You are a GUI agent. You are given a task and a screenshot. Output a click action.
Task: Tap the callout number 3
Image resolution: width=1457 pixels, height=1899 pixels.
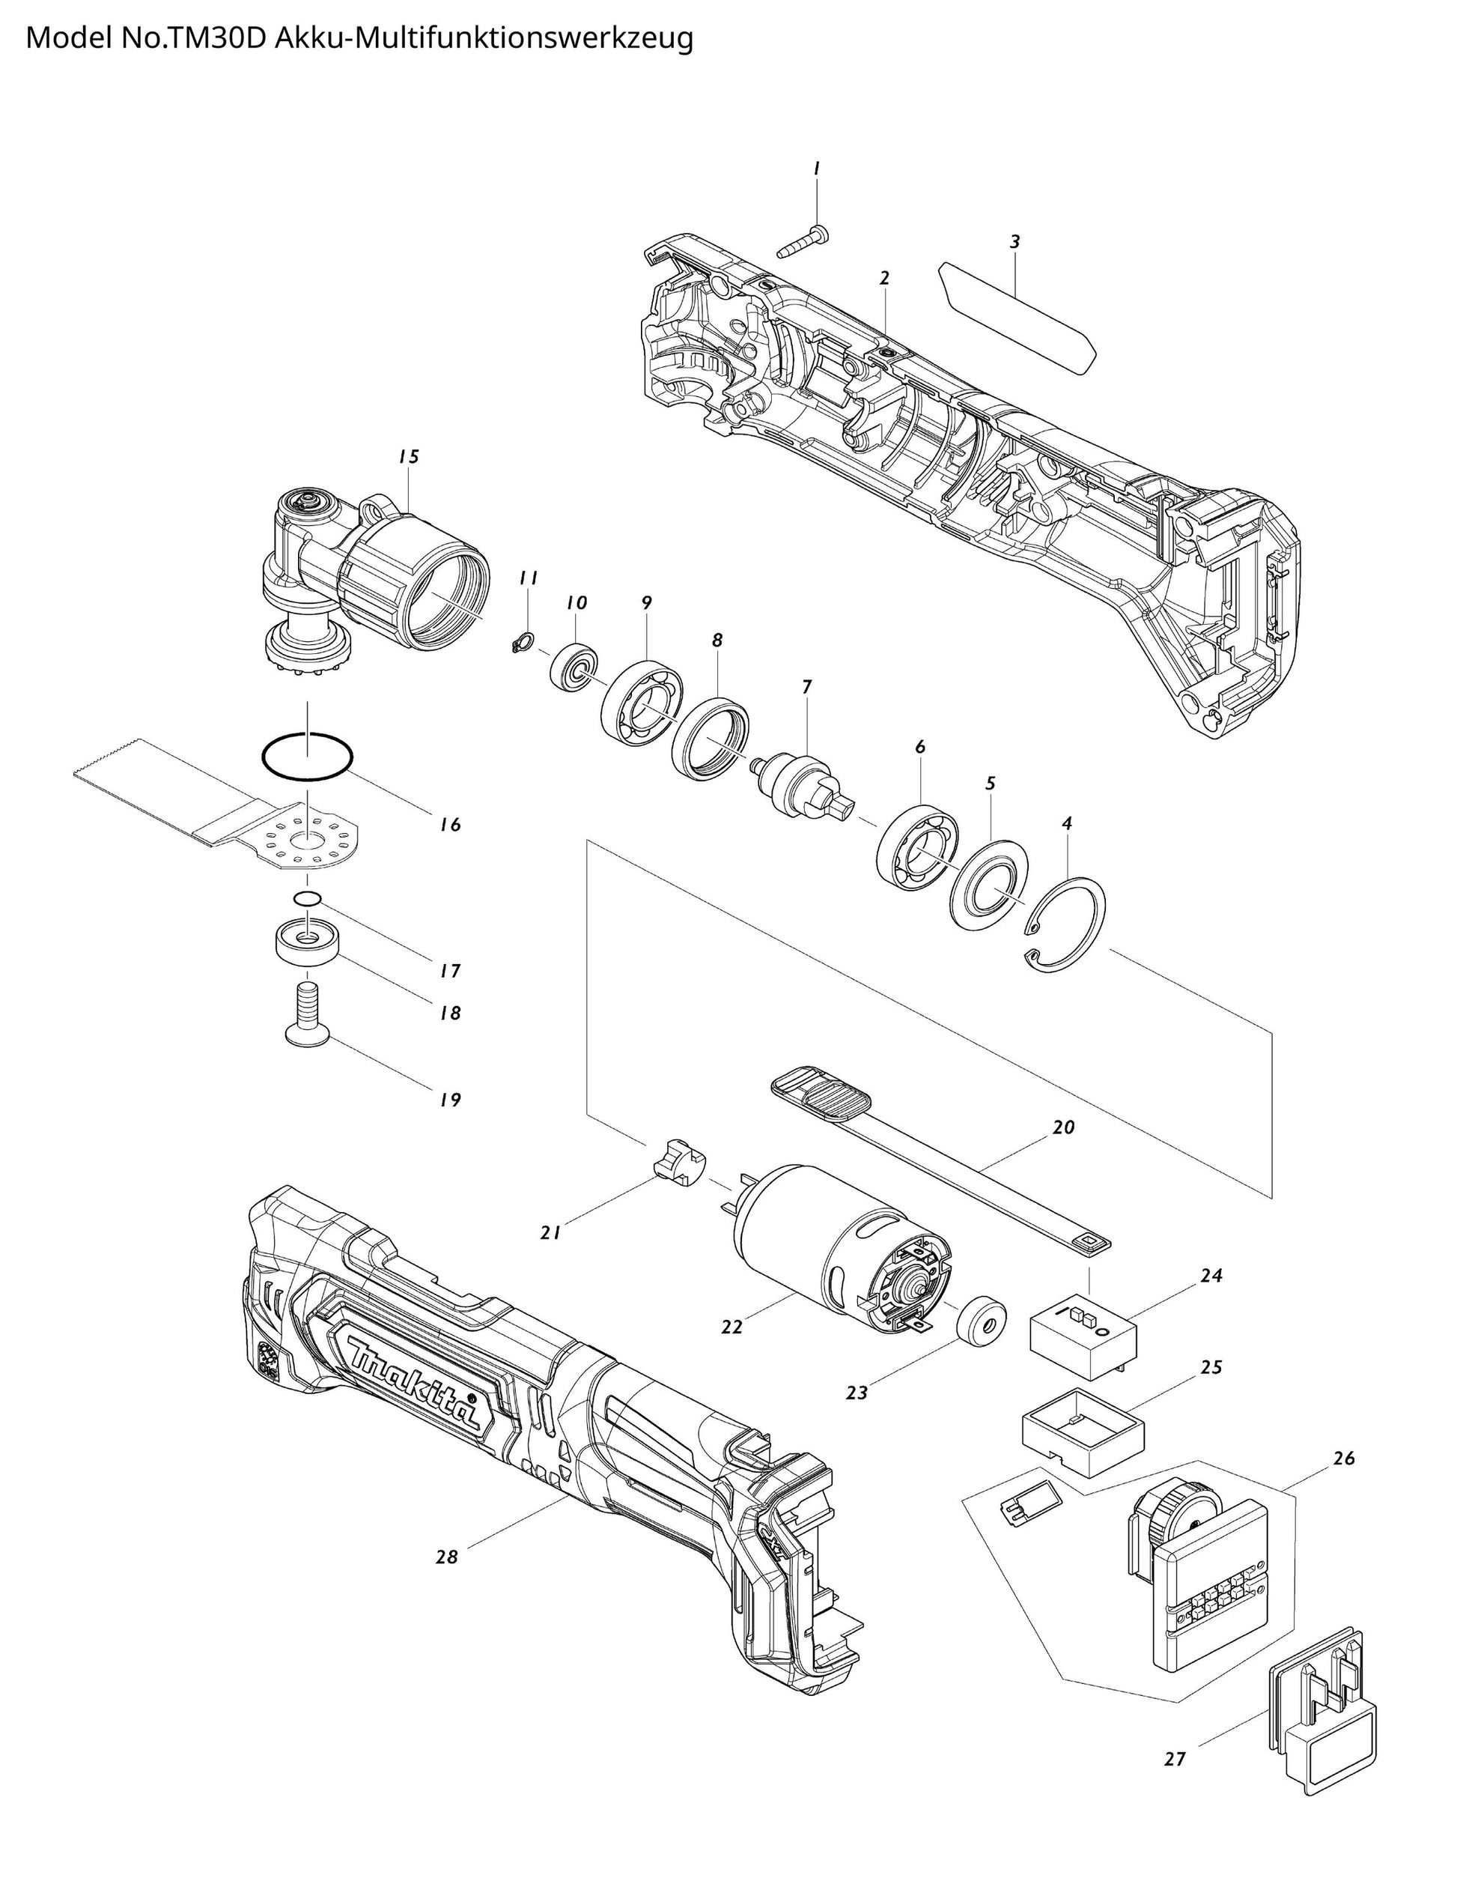(1015, 242)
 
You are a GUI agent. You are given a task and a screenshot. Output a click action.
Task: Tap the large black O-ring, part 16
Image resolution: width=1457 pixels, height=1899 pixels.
(308, 757)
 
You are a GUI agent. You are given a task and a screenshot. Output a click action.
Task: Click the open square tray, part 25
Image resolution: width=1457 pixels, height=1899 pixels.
(1083, 1433)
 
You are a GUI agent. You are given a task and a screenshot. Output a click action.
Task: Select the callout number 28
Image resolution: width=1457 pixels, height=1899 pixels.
(447, 1557)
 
